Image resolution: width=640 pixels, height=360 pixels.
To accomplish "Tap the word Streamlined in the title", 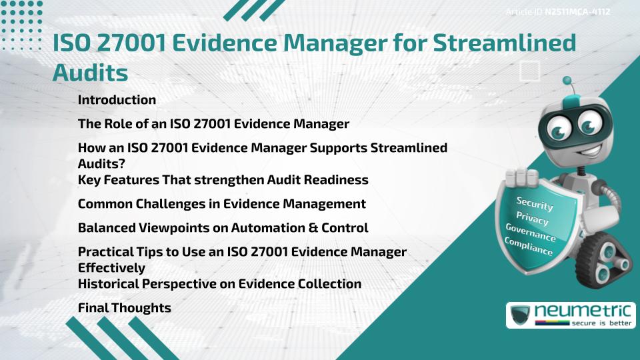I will pos(505,43).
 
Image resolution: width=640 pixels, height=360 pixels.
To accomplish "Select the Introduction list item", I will pos(117,100).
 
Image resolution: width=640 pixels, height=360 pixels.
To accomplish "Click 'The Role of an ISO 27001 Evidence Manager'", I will pos(213,124).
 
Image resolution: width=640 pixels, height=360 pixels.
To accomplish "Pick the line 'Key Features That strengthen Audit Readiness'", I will pos(223,180).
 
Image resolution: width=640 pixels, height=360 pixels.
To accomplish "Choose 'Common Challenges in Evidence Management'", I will pos(221,204).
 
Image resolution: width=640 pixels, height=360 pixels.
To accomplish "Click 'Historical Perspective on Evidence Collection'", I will pos(219,284).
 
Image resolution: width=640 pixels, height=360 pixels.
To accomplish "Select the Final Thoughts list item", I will pos(124,308).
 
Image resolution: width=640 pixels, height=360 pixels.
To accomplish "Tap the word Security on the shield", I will pos(535,203).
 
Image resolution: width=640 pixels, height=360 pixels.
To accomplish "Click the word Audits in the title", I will pos(90,73).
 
